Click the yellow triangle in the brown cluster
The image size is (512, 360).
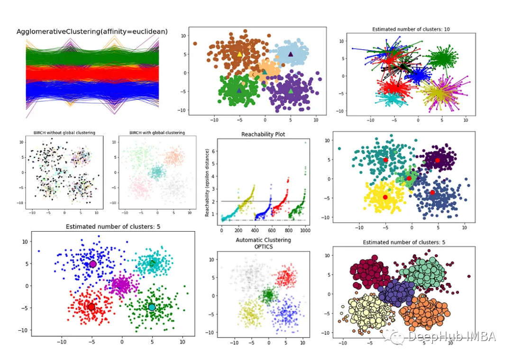click(x=239, y=54)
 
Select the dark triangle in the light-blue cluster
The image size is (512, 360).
click(x=291, y=54)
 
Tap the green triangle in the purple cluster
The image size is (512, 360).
click(x=291, y=91)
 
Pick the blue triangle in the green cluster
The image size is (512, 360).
click(x=239, y=90)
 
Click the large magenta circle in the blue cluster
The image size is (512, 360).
click(x=93, y=264)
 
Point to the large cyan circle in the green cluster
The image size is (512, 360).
click(x=152, y=307)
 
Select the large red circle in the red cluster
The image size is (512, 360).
click(x=91, y=307)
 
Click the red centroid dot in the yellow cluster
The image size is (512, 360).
click(x=385, y=197)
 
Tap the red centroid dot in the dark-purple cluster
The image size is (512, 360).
click(x=437, y=161)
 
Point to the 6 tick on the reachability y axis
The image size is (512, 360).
click(x=214, y=151)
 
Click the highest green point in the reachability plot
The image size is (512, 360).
click(x=305, y=143)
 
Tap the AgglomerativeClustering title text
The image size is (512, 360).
click(x=92, y=32)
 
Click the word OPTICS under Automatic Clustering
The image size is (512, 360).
click(x=263, y=247)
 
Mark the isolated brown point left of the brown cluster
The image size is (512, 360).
click(x=195, y=44)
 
